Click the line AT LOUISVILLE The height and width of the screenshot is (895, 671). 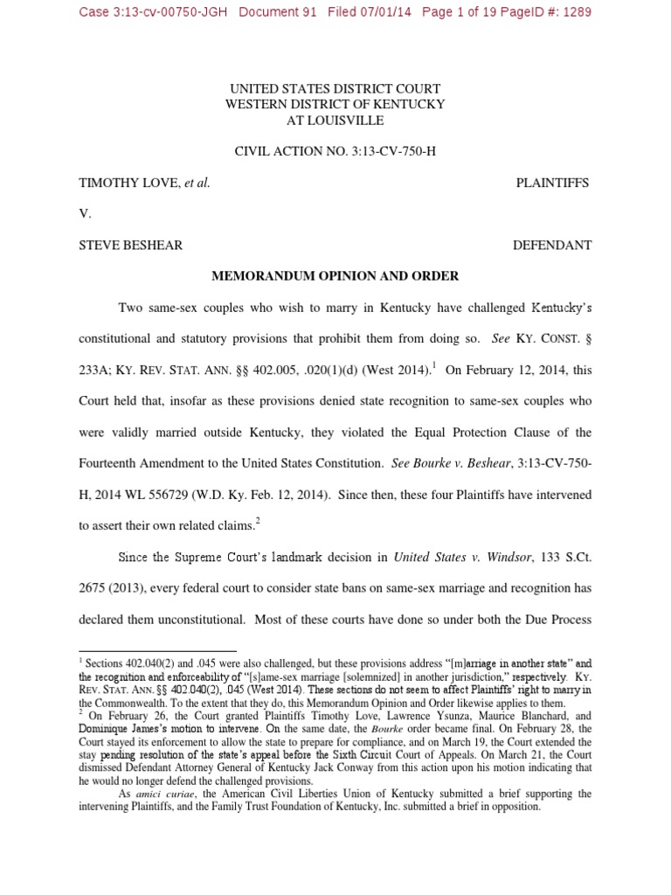pyautogui.click(x=335, y=120)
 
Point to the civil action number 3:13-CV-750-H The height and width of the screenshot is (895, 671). pyautogui.click(x=378, y=151)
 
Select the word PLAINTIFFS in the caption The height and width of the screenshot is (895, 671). pyautogui.click(x=552, y=183)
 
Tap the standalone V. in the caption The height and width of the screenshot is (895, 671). pyautogui.click(x=85, y=214)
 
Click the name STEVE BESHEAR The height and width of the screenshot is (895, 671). pyautogui.click(x=131, y=246)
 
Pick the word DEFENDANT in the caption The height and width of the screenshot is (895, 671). pyautogui.click(x=552, y=246)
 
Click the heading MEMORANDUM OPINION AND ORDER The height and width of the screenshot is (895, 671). pyautogui.click(x=335, y=276)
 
